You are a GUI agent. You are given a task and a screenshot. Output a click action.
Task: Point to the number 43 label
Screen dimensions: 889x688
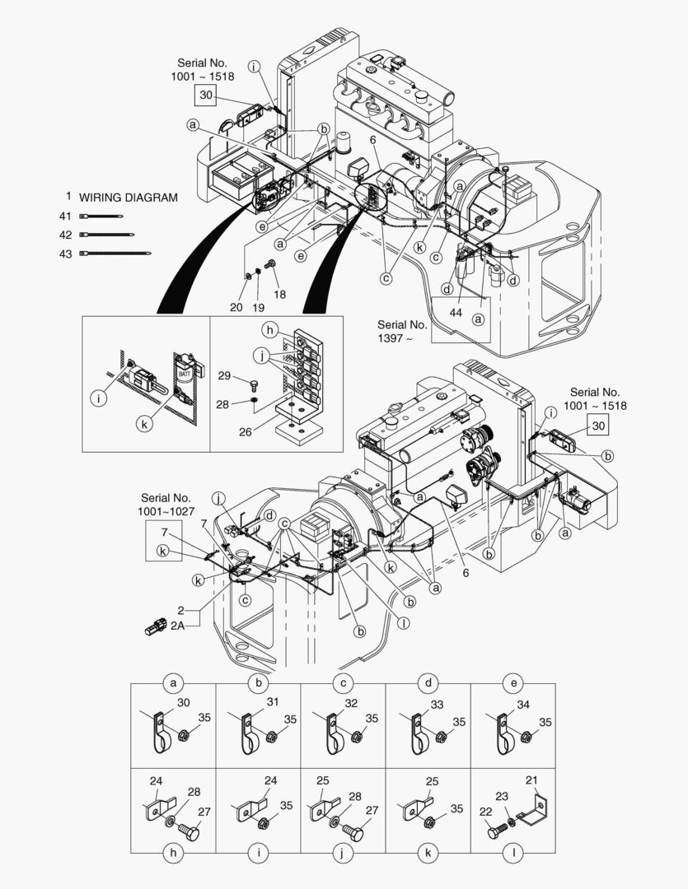(x=65, y=254)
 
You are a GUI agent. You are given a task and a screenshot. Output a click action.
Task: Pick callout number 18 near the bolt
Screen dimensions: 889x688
(x=279, y=295)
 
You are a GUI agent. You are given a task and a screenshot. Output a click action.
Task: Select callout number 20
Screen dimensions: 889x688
(x=236, y=306)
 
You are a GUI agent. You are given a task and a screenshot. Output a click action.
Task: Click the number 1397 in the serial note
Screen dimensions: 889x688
(x=391, y=337)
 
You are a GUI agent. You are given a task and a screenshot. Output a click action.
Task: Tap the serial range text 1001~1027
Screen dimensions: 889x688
(x=166, y=511)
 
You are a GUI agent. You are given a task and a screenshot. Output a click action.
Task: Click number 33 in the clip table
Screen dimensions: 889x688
(x=437, y=705)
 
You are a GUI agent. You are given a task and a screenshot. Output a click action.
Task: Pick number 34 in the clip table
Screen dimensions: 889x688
(x=523, y=705)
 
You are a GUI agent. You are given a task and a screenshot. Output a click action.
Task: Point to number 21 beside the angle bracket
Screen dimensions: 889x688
(x=531, y=780)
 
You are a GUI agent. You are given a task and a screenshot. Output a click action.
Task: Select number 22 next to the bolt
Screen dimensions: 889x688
(x=484, y=811)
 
